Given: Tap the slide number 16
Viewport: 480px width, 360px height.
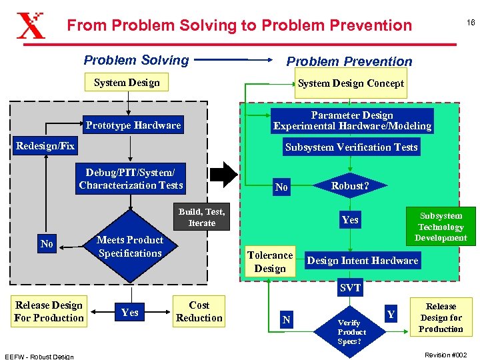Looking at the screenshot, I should [471, 23].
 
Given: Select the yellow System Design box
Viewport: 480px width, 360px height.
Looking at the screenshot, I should [127, 83].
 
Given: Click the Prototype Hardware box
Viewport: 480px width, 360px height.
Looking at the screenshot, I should [133, 125].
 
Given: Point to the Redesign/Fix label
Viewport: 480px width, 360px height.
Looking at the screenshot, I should [45, 145].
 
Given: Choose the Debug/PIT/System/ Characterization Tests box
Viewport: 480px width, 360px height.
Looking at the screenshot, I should [131, 179].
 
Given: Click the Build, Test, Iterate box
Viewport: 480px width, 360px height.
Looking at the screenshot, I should [201, 217].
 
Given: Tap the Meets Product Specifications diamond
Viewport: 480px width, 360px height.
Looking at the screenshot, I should [130, 247].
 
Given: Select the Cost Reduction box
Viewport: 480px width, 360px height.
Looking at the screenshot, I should [199, 311].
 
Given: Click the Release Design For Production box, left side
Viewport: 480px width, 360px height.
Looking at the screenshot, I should [49, 311].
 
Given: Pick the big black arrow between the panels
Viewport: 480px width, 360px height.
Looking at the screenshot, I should [229, 176].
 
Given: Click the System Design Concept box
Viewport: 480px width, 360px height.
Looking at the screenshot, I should [351, 83].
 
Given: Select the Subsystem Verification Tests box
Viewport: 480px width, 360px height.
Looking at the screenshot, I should [351, 147].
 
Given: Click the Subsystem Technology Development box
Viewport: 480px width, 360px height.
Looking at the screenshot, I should [441, 227].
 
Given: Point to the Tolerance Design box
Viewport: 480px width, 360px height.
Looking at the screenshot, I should [270, 261].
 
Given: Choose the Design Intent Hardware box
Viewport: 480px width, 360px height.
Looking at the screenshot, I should [363, 260].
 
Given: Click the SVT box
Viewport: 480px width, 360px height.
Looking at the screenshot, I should [350, 288].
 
